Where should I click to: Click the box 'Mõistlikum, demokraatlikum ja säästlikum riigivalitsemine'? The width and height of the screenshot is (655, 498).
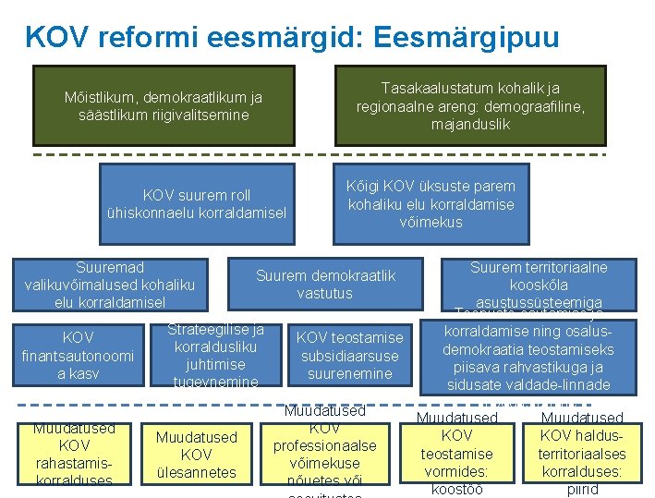(x=164, y=106)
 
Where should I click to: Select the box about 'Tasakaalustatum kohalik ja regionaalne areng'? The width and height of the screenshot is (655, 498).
(x=470, y=106)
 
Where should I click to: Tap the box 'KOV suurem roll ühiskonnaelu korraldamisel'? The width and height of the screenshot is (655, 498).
(x=196, y=204)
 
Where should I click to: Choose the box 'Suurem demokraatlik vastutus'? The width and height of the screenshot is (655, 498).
(x=325, y=285)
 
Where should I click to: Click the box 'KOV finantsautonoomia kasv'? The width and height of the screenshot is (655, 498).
(x=78, y=356)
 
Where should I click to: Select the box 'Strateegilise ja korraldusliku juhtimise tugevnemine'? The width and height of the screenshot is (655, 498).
(x=215, y=356)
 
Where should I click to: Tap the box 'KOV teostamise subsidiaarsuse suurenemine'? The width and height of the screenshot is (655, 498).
(x=349, y=356)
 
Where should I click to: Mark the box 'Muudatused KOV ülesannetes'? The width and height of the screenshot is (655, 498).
(x=196, y=454)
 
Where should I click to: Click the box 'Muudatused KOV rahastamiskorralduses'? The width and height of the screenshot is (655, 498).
(x=73, y=454)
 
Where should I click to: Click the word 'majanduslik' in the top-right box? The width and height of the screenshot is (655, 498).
(x=469, y=124)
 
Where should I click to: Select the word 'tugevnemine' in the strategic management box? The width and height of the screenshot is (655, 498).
(x=215, y=382)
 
